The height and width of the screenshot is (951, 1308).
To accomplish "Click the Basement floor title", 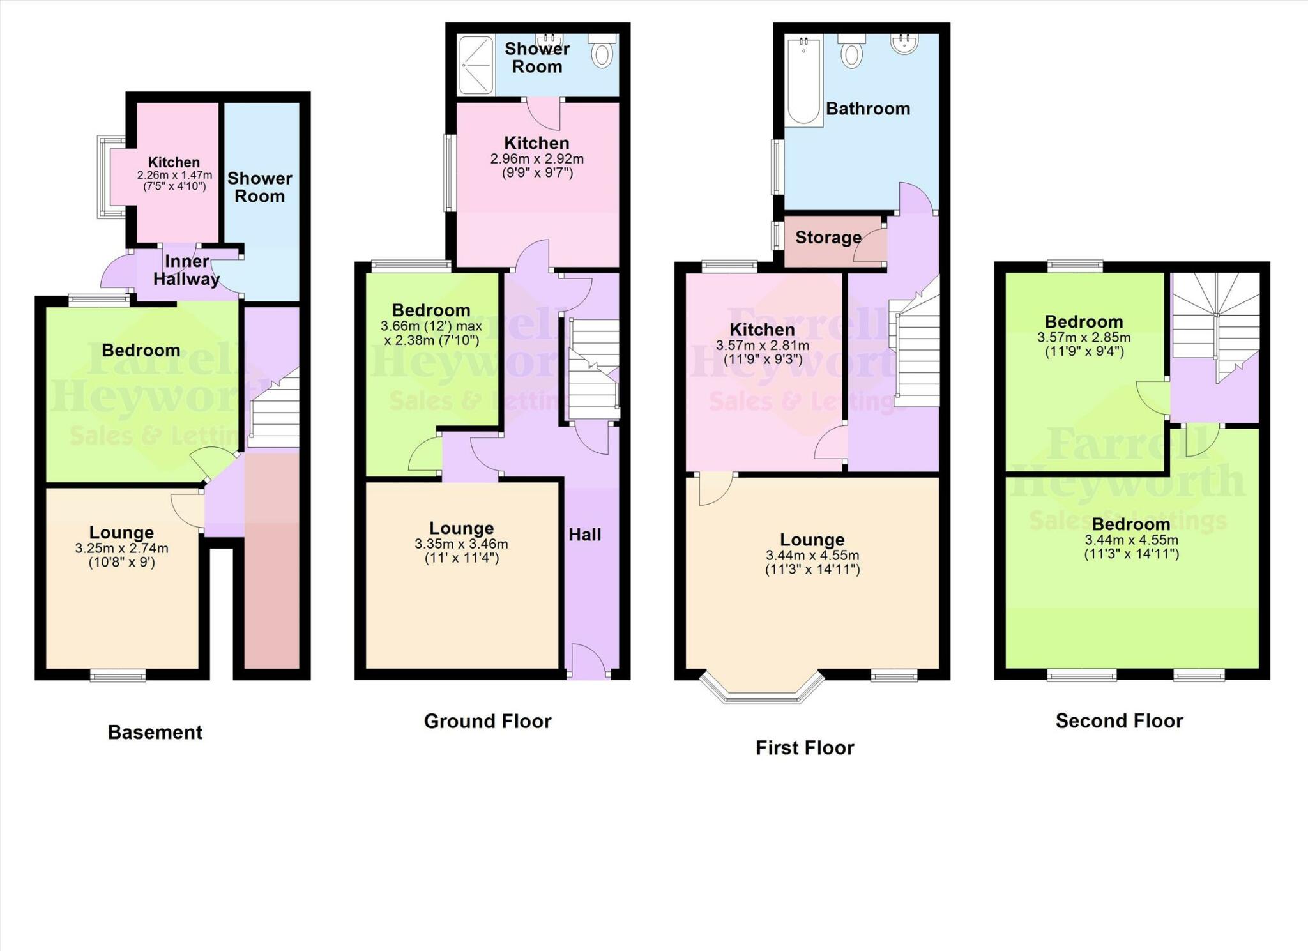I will point(155,732).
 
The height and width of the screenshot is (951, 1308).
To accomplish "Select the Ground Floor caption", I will point(487,721).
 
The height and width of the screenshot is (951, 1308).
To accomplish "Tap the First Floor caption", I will point(805,747).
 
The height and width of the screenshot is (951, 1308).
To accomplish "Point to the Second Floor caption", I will point(1119,720).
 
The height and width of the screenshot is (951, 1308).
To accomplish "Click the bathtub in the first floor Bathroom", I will point(803,80).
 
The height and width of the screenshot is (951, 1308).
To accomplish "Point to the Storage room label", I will point(828,238).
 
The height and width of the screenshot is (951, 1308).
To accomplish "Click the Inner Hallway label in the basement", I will point(186,270).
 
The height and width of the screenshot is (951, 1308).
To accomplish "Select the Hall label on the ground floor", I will point(584,535).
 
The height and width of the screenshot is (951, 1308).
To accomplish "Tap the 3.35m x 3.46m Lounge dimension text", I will point(461,544).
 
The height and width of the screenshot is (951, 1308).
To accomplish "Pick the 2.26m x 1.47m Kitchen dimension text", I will point(174,175).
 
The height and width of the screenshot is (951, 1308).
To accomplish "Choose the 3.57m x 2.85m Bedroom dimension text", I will point(1084,338).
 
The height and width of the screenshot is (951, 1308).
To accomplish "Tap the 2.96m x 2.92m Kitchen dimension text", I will point(536,159).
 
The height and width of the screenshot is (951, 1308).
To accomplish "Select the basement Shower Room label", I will point(259,187).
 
